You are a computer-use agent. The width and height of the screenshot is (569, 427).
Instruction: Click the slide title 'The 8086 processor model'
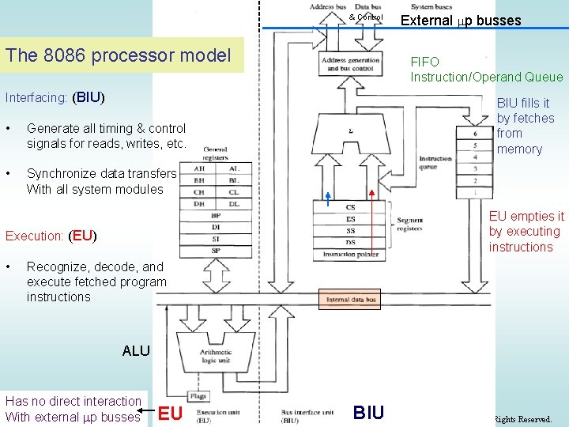(119, 55)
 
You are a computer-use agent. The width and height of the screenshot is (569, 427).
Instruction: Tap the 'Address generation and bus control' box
(350, 64)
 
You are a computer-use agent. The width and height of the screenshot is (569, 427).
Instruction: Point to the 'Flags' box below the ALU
(199, 396)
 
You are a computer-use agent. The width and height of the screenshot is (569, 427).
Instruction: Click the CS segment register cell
(350, 208)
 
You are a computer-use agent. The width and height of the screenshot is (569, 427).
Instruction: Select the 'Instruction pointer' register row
(350, 255)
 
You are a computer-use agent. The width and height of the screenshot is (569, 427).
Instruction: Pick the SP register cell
(215, 250)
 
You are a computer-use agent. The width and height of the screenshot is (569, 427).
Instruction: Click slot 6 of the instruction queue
(475, 134)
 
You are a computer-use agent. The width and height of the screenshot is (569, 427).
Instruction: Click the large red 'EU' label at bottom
(171, 412)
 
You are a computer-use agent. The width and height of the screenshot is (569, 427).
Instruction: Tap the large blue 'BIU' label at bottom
(368, 412)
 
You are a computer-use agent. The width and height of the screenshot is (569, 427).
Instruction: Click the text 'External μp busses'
(461, 21)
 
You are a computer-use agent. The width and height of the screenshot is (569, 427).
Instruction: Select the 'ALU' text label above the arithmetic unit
(136, 351)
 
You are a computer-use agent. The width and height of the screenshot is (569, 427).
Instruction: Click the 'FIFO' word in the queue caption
(424, 62)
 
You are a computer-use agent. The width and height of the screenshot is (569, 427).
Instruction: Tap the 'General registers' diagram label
(215, 153)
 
